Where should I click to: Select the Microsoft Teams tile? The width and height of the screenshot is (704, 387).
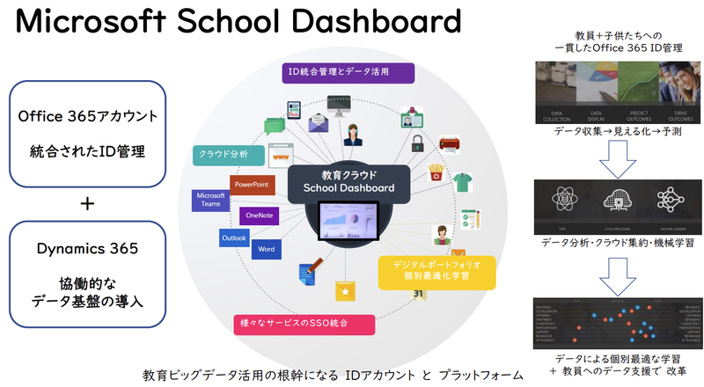[x=211, y=201]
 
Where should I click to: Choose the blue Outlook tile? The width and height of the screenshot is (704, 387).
[x=234, y=237]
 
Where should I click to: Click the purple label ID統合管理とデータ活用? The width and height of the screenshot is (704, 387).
[x=338, y=71]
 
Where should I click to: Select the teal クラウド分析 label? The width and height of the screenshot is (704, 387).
[x=225, y=154]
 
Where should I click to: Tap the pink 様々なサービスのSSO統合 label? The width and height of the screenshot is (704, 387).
[x=303, y=323]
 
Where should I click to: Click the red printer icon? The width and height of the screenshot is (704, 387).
[x=450, y=142]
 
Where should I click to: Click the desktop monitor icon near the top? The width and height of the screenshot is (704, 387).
[x=335, y=104]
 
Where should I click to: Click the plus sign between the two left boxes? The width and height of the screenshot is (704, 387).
[x=87, y=203]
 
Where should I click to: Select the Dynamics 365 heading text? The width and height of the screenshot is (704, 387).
[x=87, y=249]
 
